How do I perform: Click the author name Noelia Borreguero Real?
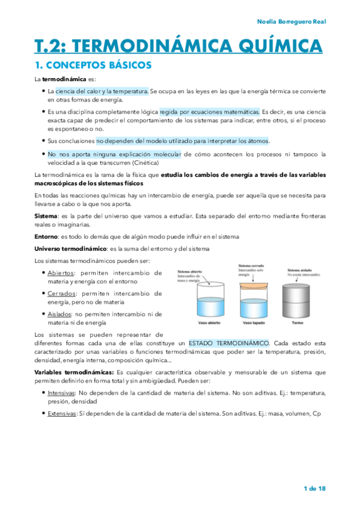291,22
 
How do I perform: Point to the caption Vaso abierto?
207,323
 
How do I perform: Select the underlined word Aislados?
59,314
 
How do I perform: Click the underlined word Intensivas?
62,393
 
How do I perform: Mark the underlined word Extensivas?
63,413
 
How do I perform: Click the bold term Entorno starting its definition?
45,237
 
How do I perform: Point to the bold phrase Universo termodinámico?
70,248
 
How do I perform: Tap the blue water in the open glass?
208,307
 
